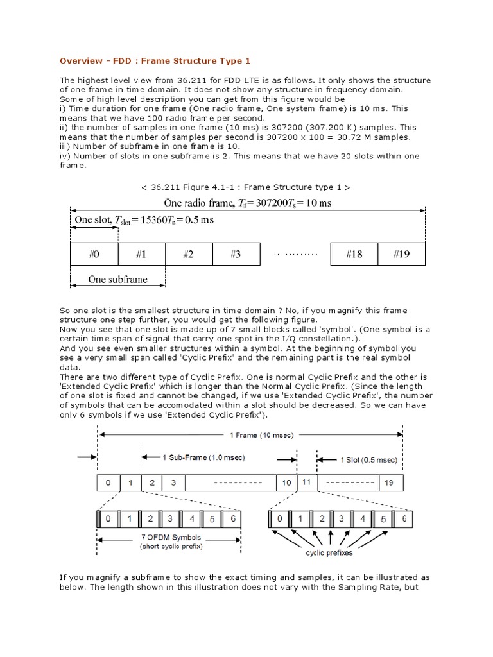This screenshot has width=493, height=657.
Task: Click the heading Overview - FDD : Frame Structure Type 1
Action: (155, 61)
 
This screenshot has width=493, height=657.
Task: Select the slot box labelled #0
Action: (94, 254)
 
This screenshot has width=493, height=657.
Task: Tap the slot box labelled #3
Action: (236, 254)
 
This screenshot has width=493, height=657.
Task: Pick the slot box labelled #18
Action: (354, 254)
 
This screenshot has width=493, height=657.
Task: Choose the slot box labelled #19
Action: (401, 254)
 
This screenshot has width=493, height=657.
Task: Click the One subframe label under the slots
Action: (117, 279)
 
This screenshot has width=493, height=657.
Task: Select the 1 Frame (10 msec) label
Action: (250, 434)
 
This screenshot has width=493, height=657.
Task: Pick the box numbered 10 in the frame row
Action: (286, 482)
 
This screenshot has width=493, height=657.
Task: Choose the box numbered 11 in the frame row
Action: (306, 482)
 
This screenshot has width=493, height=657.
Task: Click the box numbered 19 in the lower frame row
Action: (387, 482)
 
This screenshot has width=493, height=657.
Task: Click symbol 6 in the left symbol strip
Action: (234, 518)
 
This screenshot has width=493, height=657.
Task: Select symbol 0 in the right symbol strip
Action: (279, 518)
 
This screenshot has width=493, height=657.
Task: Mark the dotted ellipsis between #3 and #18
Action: (295, 255)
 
